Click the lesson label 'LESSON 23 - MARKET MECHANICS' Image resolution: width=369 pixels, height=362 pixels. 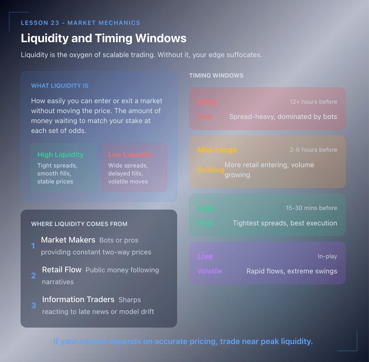[x=81, y=23]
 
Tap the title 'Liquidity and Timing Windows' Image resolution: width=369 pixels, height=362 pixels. [x=104, y=38]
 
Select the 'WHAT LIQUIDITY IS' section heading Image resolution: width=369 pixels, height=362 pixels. [x=60, y=86]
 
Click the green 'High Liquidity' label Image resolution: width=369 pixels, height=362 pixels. [x=60, y=155]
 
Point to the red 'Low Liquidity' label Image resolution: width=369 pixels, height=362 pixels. [x=130, y=155]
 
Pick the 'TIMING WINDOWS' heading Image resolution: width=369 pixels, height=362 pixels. [x=216, y=76]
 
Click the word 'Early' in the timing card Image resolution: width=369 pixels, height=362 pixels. [x=207, y=102]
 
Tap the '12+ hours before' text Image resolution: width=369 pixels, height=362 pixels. [x=313, y=102]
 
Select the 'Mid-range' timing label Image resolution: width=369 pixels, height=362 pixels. [x=217, y=150]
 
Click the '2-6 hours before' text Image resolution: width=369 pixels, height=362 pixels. [x=313, y=150]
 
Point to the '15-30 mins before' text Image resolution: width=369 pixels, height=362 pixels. [x=311, y=208]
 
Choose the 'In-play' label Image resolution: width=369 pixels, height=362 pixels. [x=327, y=256]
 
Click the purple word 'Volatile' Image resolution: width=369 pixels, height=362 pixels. [x=210, y=271]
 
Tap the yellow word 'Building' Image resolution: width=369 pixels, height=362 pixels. [x=211, y=170]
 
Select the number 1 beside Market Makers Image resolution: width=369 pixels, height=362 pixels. [x=33, y=246]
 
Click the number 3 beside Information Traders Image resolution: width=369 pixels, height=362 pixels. [x=34, y=305]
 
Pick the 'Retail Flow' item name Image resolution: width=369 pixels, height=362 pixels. [x=62, y=270]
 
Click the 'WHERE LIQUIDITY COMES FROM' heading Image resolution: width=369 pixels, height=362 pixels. [x=79, y=224]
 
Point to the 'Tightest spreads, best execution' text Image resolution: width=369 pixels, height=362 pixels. [x=285, y=223]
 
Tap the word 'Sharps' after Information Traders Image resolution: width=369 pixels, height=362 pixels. [x=130, y=300]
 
